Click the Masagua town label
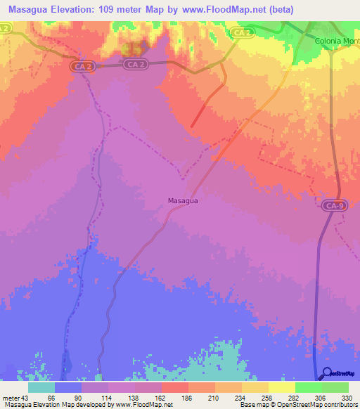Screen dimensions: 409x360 (x=184, y=200)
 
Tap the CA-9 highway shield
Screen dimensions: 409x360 (x=335, y=206)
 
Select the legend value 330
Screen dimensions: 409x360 (x=347, y=397)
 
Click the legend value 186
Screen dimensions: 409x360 (x=186, y=397)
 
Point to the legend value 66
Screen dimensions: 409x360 (x=53, y=397)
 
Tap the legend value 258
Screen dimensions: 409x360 (x=266, y=397)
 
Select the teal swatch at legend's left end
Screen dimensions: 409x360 (x=41, y=387)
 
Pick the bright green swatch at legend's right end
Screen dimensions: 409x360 (x=335, y=387)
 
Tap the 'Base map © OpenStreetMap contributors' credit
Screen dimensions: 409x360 (x=296, y=405)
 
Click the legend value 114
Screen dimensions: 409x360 (x=106, y=397)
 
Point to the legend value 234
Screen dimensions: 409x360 (x=240, y=397)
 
